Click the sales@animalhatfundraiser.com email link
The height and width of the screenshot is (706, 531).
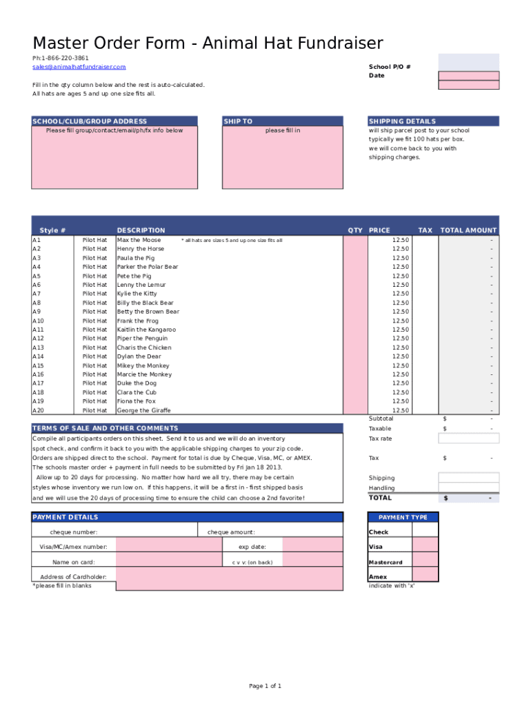79,67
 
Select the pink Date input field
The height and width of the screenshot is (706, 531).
468,76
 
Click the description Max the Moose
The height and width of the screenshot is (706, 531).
139,240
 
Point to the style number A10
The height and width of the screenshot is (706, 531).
39,321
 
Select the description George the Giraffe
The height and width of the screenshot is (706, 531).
143,410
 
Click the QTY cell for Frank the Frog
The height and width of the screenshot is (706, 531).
355,321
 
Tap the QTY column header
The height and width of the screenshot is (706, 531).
355,230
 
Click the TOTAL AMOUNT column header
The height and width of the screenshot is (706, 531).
468,230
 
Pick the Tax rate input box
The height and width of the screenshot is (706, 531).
468,438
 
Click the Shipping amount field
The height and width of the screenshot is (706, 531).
468,478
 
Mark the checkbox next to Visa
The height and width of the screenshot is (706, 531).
425,547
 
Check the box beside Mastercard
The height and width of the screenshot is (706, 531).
425,562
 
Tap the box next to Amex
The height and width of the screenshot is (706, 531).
425,576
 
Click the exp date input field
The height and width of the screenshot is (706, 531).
312,547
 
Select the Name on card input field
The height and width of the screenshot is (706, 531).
171,562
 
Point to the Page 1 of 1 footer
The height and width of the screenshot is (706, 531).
265,686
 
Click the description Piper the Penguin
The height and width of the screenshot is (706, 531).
142,339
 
